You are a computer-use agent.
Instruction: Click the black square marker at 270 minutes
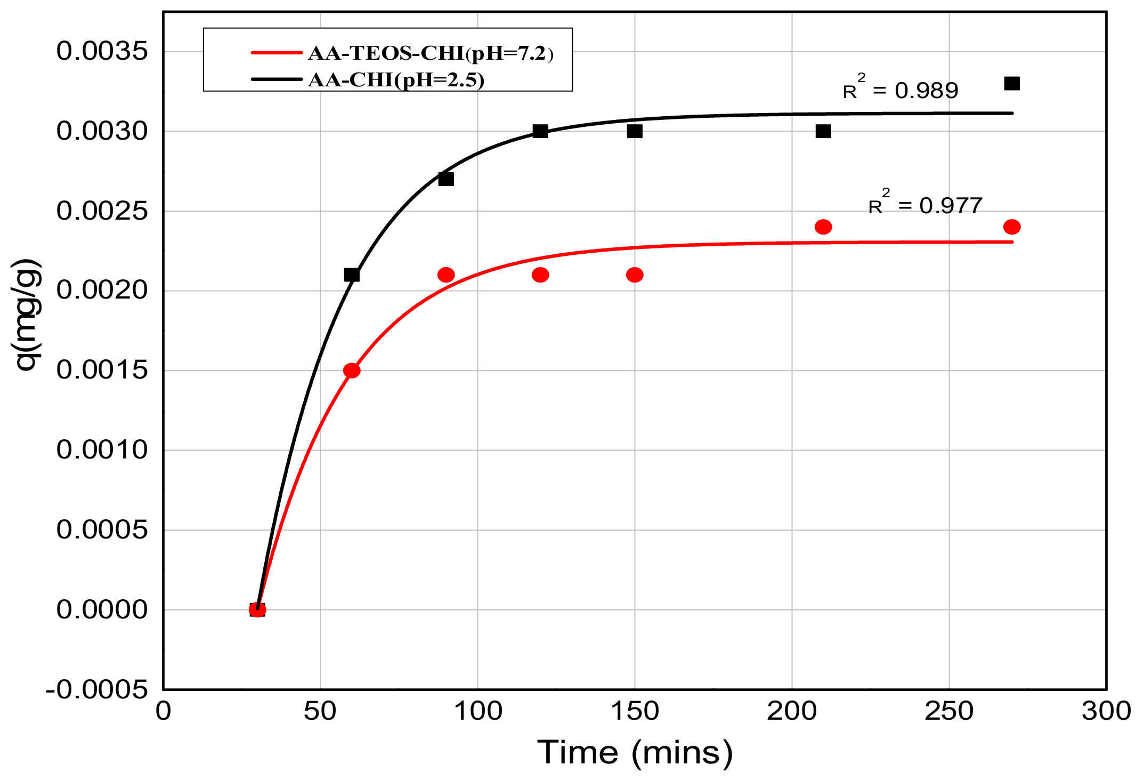click(x=1011, y=84)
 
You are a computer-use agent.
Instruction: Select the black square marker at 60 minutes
click(x=352, y=275)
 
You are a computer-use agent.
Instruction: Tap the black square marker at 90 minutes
click(x=446, y=179)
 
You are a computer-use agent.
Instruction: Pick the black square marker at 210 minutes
click(x=823, y=131)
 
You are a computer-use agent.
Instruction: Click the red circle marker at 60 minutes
click(x=352, y=371)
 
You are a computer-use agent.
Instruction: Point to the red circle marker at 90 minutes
click(x=446, y=275)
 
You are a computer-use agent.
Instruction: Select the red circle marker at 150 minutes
click(x=635, y=275)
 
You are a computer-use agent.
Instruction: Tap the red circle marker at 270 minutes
click(x=1011, y=227)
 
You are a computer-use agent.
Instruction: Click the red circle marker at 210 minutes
click(x=823, y=227)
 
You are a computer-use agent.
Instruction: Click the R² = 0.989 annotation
click(x=900, y=89)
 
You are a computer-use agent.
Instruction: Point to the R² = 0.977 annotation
click(x=926, y=204)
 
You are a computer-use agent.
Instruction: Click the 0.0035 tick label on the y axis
click(x=102, y=52)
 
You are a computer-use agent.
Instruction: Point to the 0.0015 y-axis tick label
click(x=102, y=371)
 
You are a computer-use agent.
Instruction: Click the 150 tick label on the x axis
click(x=635, y=712)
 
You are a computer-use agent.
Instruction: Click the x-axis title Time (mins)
click(x=635, y=753)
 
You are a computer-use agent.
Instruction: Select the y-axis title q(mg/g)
click(x=27, y=315)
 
